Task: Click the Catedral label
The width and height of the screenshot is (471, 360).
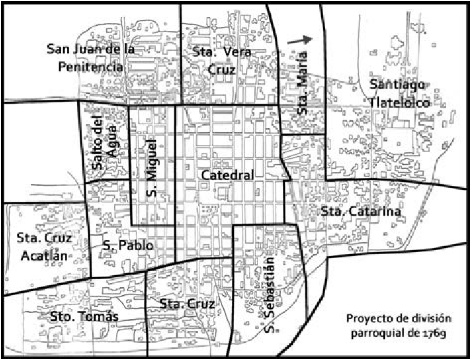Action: point(226,175)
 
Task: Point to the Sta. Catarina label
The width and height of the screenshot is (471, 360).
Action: point(360,212)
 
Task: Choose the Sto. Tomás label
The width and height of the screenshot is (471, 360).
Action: point(84,315)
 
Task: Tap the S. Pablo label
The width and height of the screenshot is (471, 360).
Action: point(128,246)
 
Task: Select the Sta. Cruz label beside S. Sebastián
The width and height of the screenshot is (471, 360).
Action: point(188,304)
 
